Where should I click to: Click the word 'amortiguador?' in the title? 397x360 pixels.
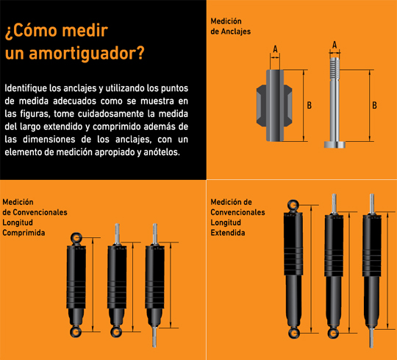click(87, 54)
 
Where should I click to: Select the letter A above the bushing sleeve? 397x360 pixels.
click(275, 48)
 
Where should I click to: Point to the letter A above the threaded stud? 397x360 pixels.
click(335, 45)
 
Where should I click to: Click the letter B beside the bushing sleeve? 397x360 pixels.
click(309, 105)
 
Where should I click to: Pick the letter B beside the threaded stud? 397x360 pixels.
click(374, 105)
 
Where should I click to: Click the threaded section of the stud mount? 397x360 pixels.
click(335, 68)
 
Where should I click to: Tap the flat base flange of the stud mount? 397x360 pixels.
click(335, 145)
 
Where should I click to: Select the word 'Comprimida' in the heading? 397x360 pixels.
click(24, 233)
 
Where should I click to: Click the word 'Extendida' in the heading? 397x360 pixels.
click(228, 233)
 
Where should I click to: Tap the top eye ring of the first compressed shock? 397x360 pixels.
click(76, 238)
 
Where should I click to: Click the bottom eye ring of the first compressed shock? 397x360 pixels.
click(76, 331)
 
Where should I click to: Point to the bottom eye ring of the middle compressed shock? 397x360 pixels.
click(116, 331)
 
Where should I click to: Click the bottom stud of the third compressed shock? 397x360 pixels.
click(154, 337)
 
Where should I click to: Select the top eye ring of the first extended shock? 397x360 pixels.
click(293, 205)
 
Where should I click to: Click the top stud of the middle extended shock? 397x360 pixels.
click(334, 203)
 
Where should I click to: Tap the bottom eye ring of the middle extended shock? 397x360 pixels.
click(333, 333)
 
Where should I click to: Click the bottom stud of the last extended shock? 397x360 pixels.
click(371, 338)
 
